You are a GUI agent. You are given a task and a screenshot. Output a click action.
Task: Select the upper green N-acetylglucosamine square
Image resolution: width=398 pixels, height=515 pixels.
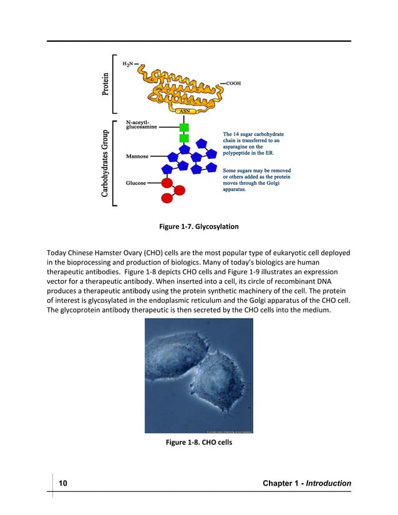(184, 128)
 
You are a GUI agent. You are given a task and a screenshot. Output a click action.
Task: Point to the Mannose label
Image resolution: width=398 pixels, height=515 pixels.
(137, 156)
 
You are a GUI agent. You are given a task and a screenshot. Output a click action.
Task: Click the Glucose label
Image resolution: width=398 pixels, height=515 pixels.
(136, 183)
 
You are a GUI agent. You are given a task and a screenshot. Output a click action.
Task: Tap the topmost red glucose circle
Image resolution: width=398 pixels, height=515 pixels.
(167, 183)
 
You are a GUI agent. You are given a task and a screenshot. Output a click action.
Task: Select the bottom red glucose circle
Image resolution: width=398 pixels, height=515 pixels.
(167, 198)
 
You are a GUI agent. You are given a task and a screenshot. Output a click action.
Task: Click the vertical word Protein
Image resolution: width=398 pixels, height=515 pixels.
(105, 83)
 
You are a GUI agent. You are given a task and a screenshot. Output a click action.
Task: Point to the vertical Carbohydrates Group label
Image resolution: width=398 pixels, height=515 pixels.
(105, 163)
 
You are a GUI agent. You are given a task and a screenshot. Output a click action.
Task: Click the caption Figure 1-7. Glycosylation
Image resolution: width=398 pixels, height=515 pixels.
(199, 227)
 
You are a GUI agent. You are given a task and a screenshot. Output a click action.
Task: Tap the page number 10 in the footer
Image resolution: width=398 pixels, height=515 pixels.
(63, 483)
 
